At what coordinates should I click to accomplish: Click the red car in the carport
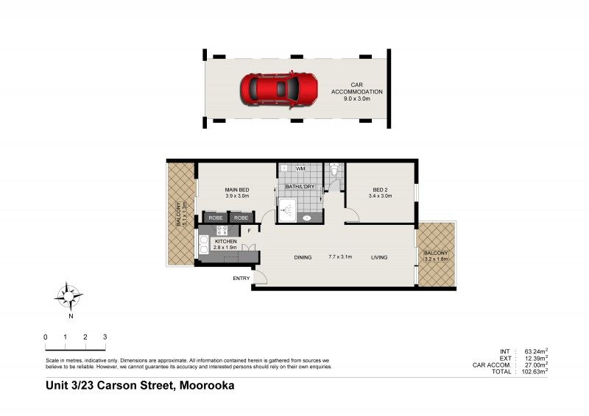278,90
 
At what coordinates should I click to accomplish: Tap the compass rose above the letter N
69,297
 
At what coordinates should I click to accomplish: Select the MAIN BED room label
237,190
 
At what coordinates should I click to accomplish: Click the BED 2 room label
380,190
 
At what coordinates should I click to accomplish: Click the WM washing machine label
300,169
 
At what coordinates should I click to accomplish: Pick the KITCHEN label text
225,241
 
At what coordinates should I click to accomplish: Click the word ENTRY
241,279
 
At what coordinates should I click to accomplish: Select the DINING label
303,257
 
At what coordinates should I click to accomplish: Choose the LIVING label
378,257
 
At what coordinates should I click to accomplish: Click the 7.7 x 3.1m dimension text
340,257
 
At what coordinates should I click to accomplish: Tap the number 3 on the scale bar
105,337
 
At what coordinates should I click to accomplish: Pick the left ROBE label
216,218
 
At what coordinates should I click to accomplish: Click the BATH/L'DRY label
300,187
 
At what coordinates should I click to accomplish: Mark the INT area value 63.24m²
535,351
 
